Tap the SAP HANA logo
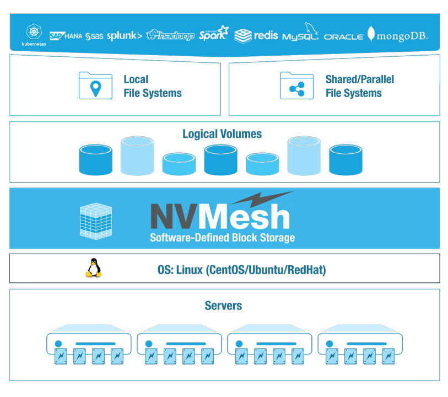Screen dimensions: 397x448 [66, 36]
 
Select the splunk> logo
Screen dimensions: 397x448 [124, 36]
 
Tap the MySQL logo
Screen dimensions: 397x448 [301, 35]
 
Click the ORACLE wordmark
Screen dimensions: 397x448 [343, 37]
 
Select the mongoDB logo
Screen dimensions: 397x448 [397, 35]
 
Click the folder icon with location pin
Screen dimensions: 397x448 [95, 86]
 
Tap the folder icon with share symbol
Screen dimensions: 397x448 [296, 86]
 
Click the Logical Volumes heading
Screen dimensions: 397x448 [222, 134]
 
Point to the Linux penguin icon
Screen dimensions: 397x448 [94, 268]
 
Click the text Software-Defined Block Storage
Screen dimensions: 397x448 [222, 238]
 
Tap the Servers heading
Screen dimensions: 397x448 [223, 305]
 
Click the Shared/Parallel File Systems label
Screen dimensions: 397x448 [359, 86]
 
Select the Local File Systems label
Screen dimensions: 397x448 [152, 86]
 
